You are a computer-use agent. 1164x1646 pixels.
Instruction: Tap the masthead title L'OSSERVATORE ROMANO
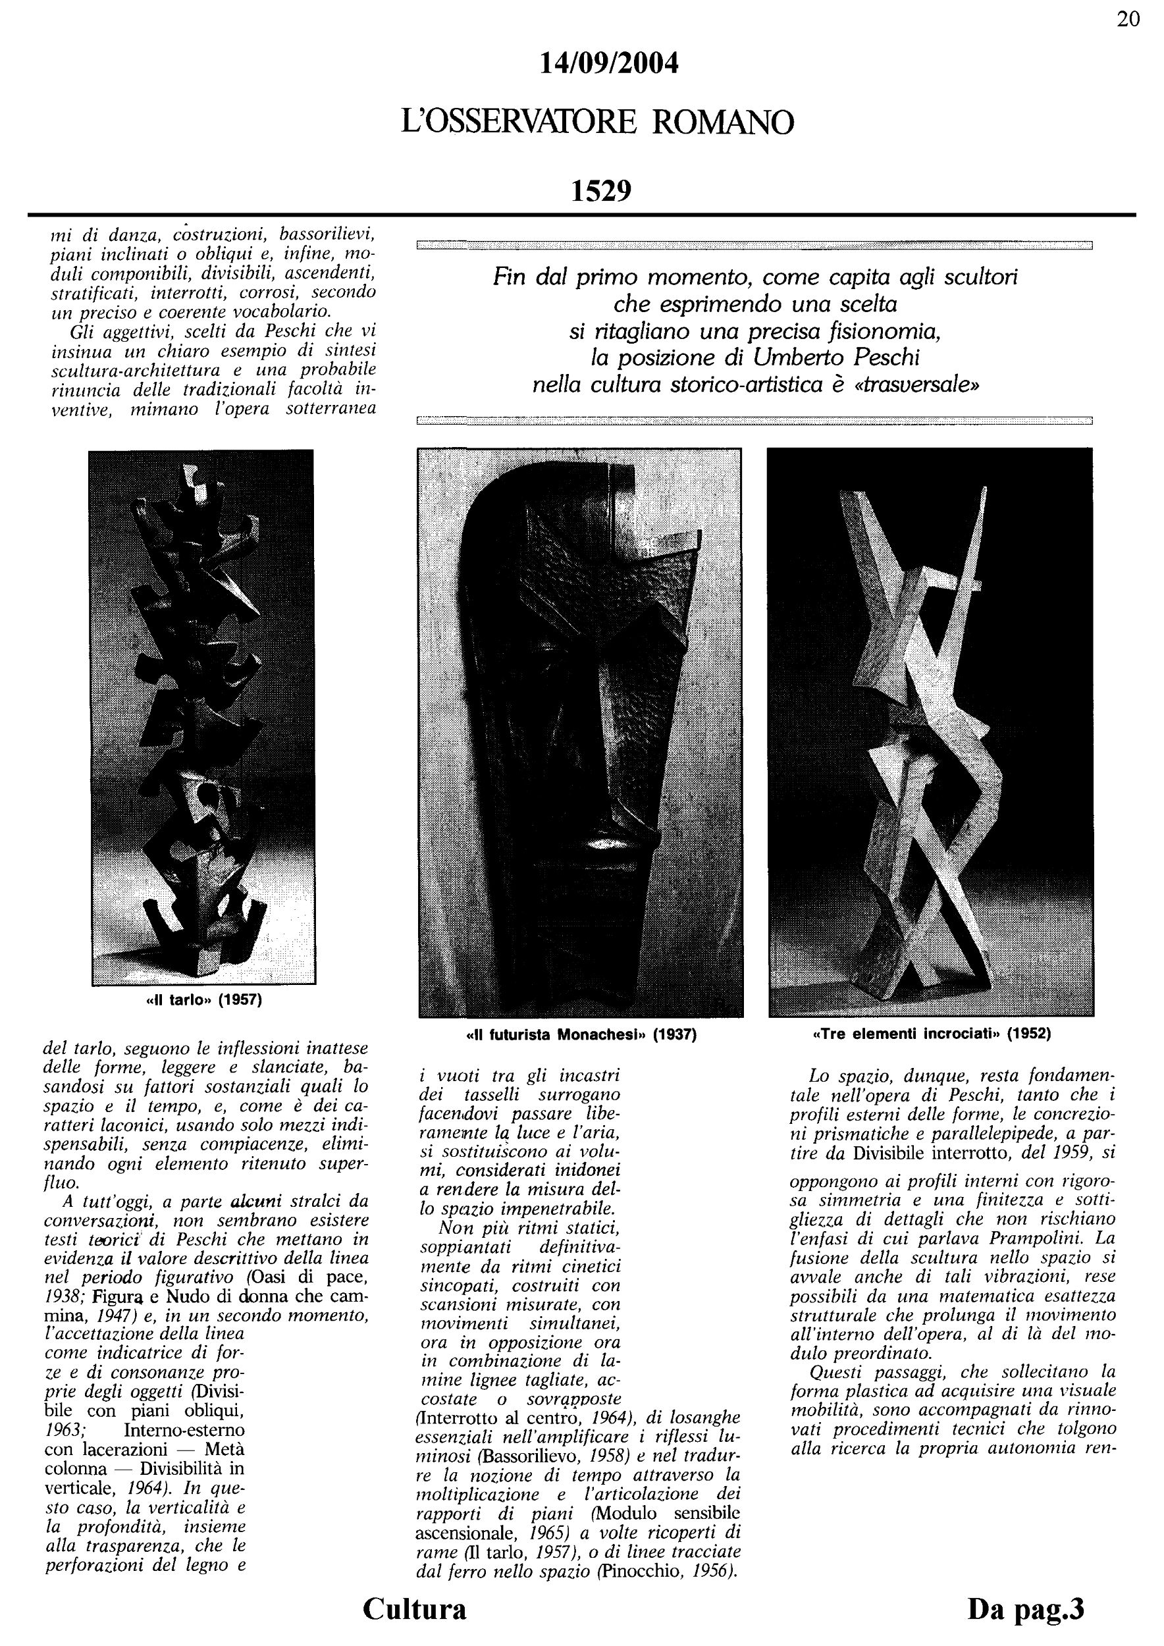(x=598, y=122)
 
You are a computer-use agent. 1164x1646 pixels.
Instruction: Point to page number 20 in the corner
(x=1128, y=19)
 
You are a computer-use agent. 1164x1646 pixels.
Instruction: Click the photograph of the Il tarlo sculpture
(x=201, y=717)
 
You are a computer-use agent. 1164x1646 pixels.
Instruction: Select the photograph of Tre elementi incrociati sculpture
(x=930, y=731)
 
